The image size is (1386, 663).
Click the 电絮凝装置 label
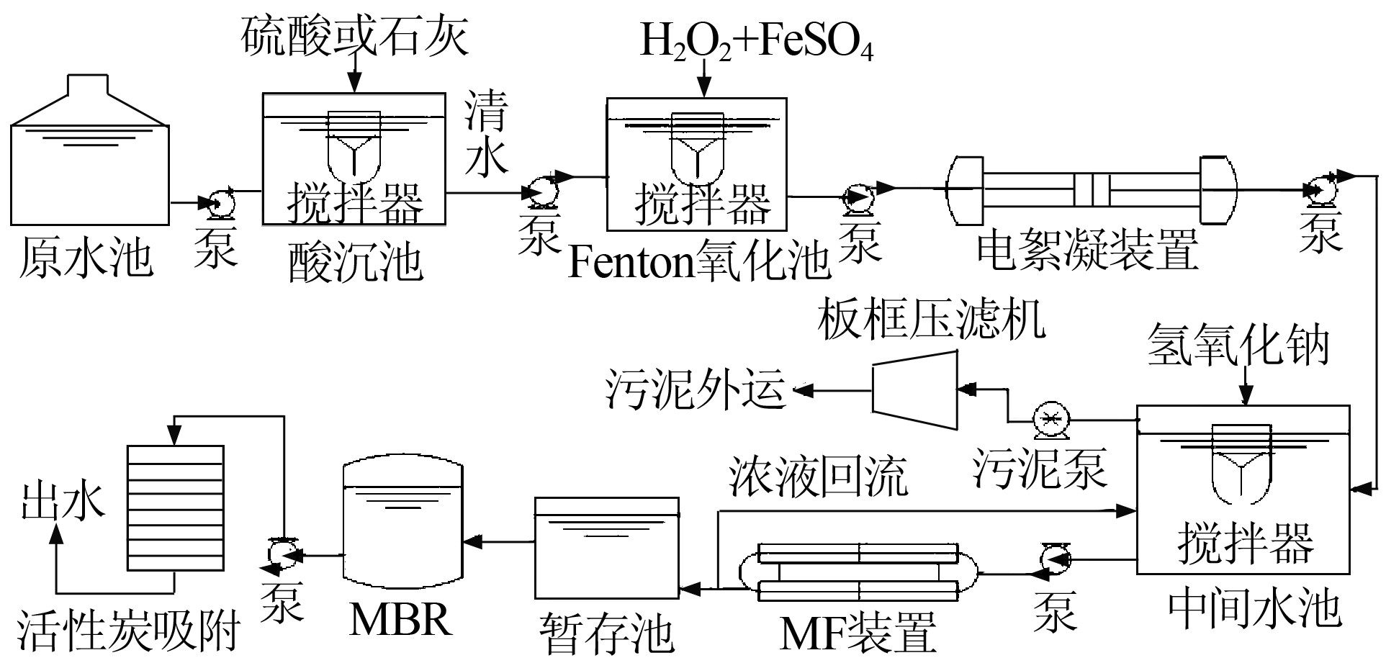[x=1087, y=250]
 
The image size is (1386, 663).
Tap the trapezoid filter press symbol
[x=915, y=390]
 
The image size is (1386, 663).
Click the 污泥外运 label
[x=695, y=389]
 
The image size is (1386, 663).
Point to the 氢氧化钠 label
[x=1238, y=344]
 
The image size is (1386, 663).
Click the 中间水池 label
[x=1254, y=608]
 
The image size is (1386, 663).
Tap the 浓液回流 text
[x=818, y=477]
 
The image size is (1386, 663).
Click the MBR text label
[x=400, y=618]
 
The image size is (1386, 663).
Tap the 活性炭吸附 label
[x=128, y=631]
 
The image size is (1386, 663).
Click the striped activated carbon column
[x=176, y=508]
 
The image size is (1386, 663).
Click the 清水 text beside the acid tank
[x=486, y=135]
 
